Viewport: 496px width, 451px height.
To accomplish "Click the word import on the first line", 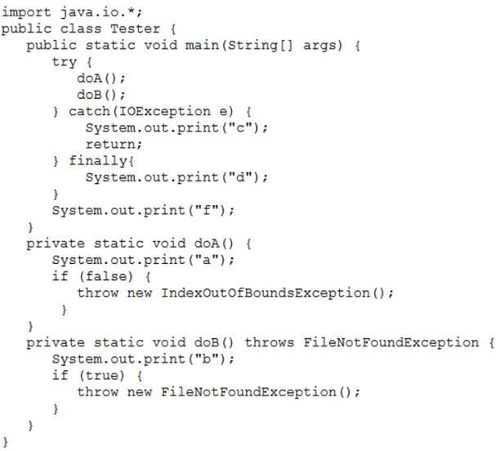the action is (x=26, y=12).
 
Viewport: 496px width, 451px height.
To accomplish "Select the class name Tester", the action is (x=135, y=29).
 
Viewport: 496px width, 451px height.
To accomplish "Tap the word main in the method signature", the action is (x=202, y=45).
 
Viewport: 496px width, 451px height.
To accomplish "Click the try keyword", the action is (x=65, y=62).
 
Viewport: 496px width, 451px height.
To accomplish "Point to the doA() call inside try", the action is (x=101, y=78).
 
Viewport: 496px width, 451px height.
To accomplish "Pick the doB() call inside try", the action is (x=101, y=95).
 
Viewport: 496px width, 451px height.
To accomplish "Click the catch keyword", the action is (x=89, y=111).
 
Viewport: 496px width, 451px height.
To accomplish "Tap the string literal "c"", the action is (x=240, y=127).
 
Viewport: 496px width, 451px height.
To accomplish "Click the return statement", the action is (x=114, y=145).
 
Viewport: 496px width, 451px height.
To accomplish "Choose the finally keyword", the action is (x=98, y=161).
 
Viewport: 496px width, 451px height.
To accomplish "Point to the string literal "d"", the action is (x=240, y=177).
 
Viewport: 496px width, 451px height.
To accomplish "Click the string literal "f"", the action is (x=207, y=210).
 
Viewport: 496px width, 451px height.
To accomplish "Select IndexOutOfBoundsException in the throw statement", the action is (x=266, y=292).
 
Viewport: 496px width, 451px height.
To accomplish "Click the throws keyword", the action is (x=270, y=342).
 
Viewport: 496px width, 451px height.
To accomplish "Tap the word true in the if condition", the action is (x=101, y=375).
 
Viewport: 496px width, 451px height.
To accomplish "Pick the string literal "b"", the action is (x=207, y=359).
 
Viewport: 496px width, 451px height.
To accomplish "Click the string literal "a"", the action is (x=207, y=260).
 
